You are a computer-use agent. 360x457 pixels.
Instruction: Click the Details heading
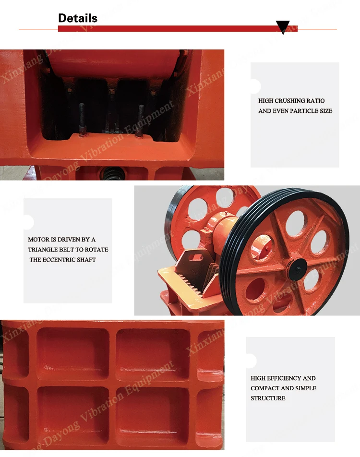[x=78, y=18]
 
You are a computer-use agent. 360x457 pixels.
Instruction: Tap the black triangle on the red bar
[x=283, y=27]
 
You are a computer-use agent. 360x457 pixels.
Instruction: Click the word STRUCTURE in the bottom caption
[x=268, y=398]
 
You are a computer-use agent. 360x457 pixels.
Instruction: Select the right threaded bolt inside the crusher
[x=140, y=120]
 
